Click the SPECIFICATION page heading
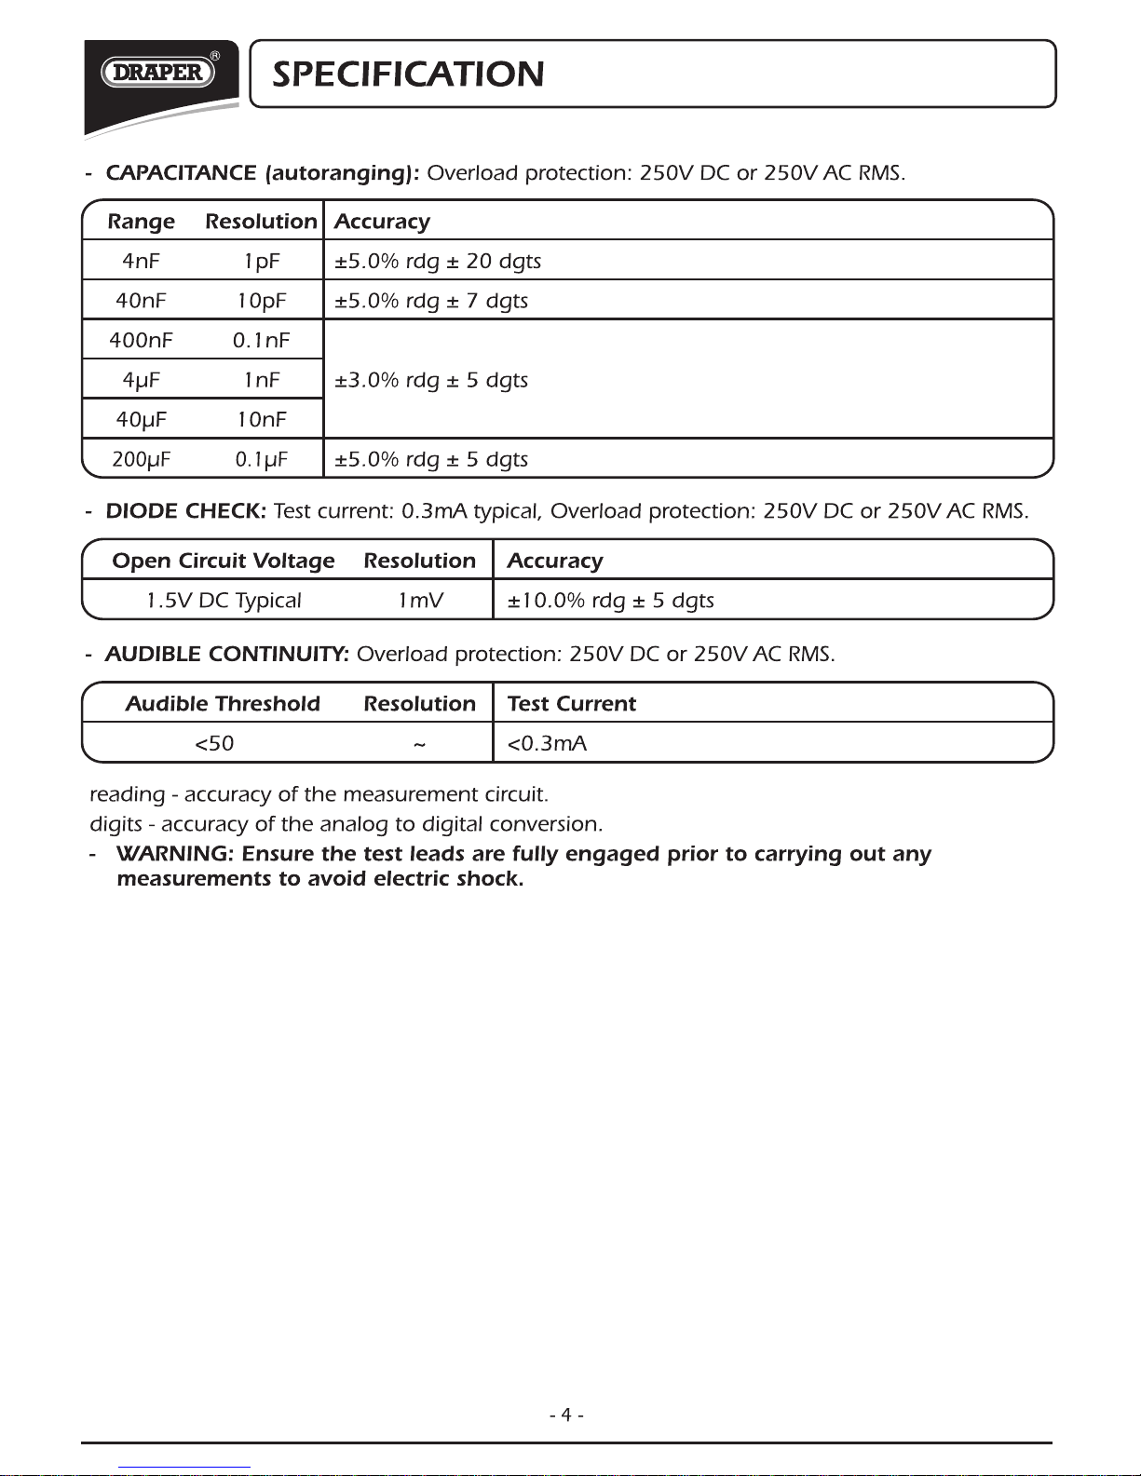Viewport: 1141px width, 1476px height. click(x=408, y=74)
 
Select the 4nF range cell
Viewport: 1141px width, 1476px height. click(x=141, y=262)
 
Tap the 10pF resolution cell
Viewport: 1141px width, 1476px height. click(x=262, y=301)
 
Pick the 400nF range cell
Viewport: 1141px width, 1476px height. click(x=141, y=341)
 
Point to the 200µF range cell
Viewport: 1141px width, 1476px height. click(x=141, y=459)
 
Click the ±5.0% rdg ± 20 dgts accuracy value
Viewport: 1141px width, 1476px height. click(x=438, y=262)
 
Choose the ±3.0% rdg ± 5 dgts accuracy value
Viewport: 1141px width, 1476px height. click(x=431, y=380)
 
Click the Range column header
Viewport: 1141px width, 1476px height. click(x=141, y=222)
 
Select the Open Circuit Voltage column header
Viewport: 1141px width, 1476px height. click(x=224, y=561)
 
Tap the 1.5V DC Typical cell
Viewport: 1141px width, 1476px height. click(x=224, y=601)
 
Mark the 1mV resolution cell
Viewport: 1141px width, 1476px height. click(x=420, y=601)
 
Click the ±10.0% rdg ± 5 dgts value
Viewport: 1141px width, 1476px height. click(x=610, y=601)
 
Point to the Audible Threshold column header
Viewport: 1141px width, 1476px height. click(x=223, y=704)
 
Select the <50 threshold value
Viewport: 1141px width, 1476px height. click(x=214, y=744)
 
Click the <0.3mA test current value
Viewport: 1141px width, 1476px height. click(x=547, y=744)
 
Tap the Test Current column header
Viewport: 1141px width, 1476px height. click(x=571, y=704)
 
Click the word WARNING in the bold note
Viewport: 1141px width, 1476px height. click(x=173, y=854)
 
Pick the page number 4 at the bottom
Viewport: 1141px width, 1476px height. click(x=566, y=1415)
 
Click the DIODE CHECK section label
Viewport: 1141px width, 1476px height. click(x=186, y=511)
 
